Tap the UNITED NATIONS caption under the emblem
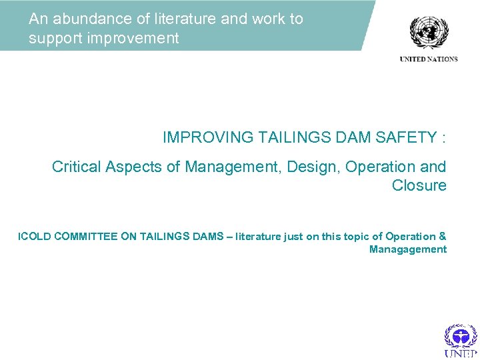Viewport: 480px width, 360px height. click(x=429, y=59)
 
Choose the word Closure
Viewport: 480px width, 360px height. click(x=419, y=185)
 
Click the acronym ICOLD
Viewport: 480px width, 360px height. click(x=34, y=236)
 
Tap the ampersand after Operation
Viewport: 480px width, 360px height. click(x=443, y=236)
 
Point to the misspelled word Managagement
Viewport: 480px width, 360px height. click(x=407, y=249)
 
